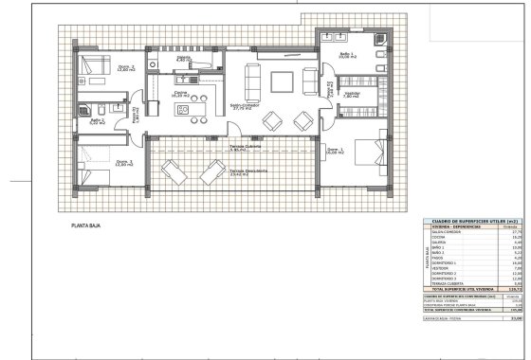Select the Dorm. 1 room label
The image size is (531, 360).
335,151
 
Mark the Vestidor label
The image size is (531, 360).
352,94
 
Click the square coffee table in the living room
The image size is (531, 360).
282,80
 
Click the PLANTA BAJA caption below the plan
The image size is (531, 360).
88,227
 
